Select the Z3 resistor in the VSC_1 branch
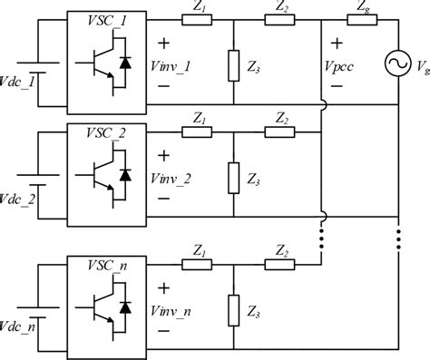coord(233,64)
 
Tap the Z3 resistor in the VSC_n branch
coord(233,309)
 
